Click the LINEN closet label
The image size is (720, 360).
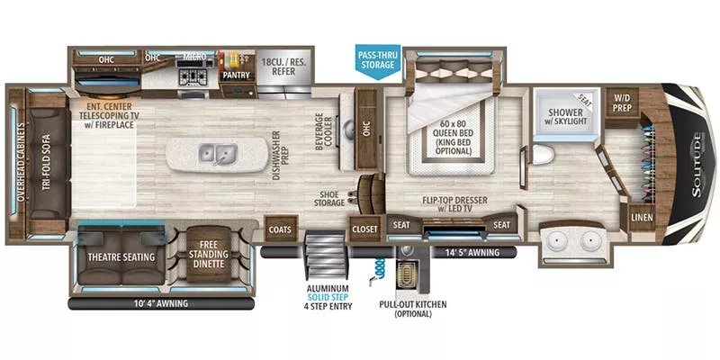642,217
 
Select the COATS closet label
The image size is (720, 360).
280,229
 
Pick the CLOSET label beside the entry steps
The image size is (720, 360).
364,229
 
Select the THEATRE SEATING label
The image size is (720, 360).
121,256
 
